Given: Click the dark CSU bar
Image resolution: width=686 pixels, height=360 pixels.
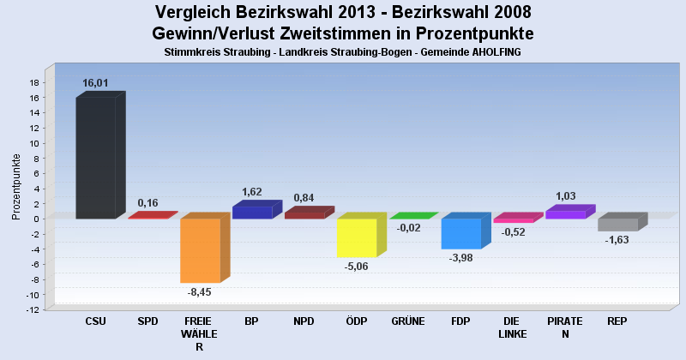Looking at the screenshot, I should pyautogui.click(x=95, y=158).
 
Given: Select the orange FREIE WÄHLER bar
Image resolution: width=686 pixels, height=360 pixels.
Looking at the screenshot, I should pyautogui.click(x=200, y=250).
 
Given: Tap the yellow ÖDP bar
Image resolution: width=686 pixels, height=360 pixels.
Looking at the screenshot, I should pyautogui.click(x=357, y=237).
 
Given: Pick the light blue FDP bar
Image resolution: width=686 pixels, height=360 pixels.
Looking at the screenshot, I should pyautogui.click(x=461, y=233).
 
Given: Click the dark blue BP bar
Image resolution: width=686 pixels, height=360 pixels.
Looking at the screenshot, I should pyautogui.click(x=252, y=213).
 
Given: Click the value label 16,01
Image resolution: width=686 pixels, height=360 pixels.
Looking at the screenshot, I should pyautogui.click(x=95, y=83).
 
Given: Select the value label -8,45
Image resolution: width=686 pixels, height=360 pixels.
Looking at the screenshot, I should pyautogui.click(x=200, y=291).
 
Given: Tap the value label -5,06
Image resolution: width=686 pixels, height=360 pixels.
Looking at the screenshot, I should pyautogui.click(x=357, y=266).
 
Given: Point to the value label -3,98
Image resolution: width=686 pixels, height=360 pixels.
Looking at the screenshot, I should pyautogui.click(x=461, y=257).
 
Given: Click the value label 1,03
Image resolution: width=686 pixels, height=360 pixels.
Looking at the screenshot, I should pyautogui.click(x=566, y=196).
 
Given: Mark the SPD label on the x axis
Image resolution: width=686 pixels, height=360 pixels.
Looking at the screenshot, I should pyautogui.click(x=147, y=321).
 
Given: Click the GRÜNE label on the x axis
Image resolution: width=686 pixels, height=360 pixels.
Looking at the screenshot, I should pyautogui.click(x=408, y=321).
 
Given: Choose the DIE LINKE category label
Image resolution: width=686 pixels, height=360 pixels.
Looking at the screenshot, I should pyautogui.click(x=513, y=327).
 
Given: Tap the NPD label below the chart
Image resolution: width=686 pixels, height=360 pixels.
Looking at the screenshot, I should pyautogui.click(x=304, y=321).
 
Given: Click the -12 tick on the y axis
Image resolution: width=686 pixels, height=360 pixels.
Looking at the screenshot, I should pyautogui.click(x=32, y=310).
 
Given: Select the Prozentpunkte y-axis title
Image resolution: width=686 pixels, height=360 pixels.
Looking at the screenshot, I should pyautogui.click(x=16, y=186).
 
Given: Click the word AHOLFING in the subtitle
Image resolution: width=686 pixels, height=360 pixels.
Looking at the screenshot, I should pyautogui.click(x=491, y=52).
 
